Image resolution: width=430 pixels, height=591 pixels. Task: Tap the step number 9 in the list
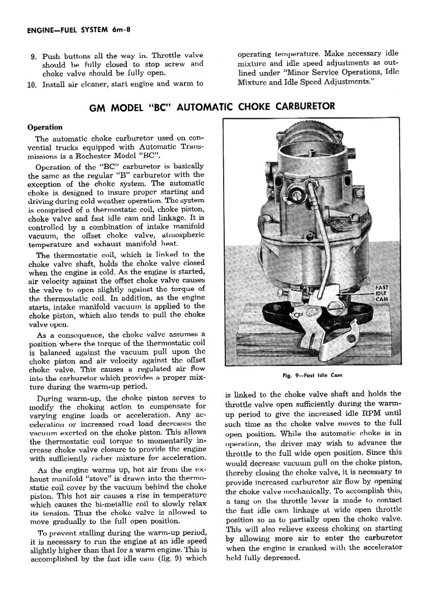click(x=33, y=56)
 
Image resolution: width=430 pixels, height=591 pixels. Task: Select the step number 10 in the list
click(x=31, y=84)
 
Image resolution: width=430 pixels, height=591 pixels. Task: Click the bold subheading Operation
click(x=45, y=127)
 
